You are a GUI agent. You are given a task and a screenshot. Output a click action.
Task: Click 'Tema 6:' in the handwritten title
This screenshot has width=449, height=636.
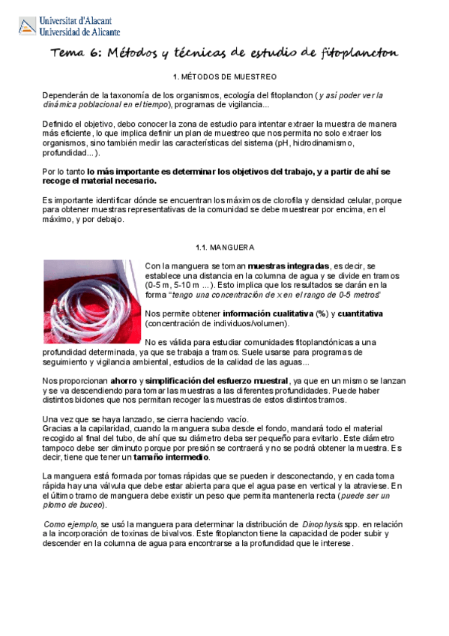tap(74, 52)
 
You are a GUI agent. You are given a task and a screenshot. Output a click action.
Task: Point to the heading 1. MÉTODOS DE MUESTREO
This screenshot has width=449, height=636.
tap(225, 77)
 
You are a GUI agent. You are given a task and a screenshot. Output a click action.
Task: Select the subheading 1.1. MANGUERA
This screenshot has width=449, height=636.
tap(225, 247)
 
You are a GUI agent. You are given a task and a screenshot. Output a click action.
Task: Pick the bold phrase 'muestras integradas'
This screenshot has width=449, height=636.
tap(288, 266)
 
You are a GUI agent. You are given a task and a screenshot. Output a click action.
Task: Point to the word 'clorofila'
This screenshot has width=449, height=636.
tap(280, 201)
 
